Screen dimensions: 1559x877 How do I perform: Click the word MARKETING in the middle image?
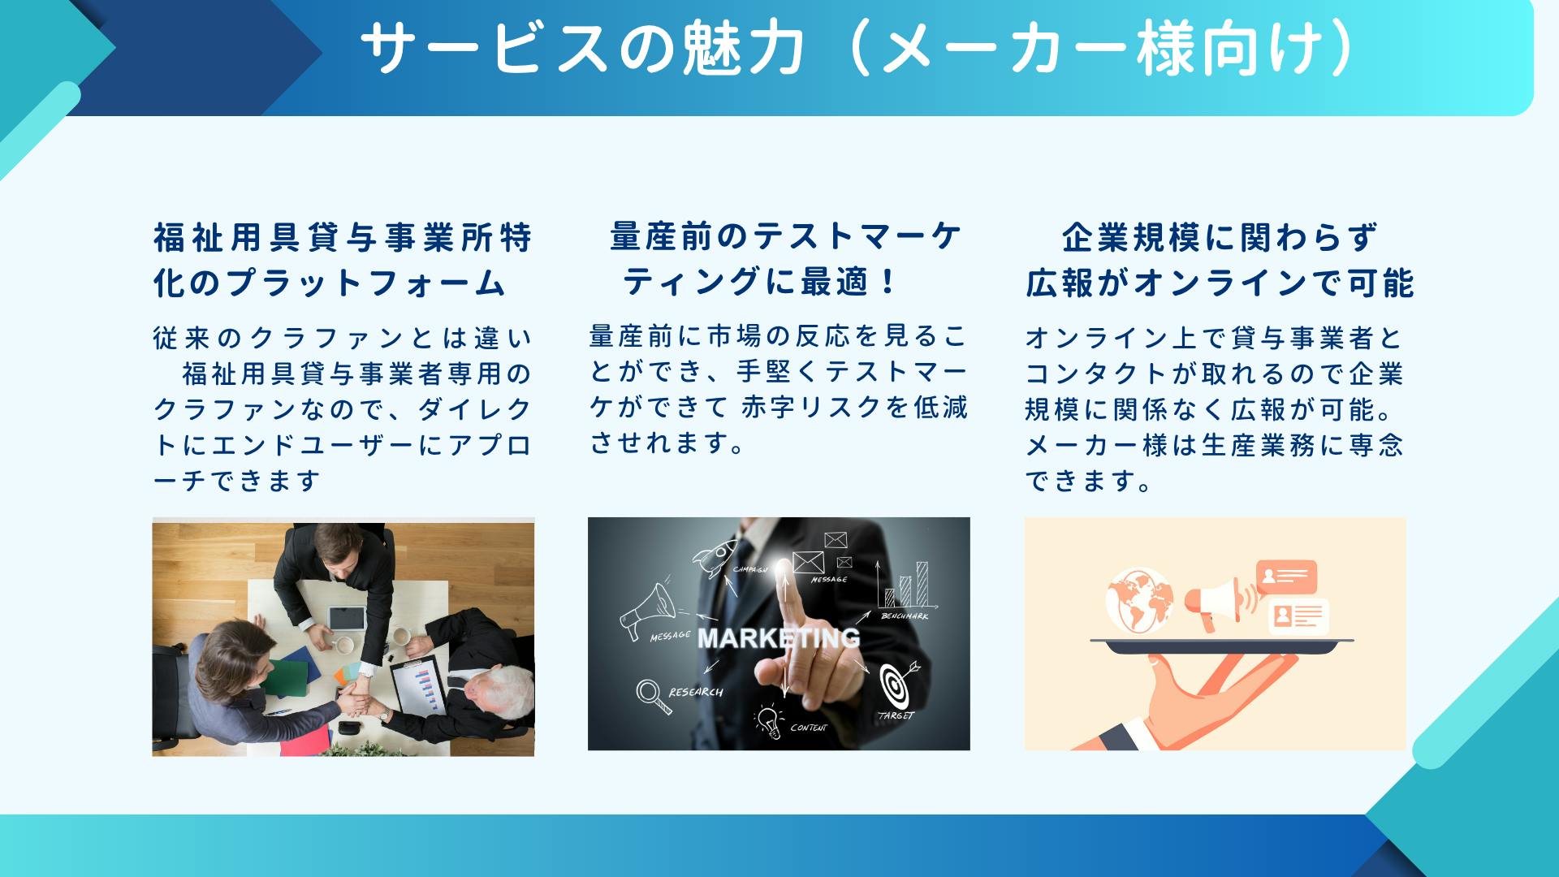[779, 638]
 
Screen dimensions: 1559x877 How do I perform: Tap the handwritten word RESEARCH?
[696, 692]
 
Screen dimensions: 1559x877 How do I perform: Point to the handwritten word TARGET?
[896, 715]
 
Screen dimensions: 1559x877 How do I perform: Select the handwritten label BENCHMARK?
[905, 616]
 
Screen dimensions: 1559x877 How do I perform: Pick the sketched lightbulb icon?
[767, 720]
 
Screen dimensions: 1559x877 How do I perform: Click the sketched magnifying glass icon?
[653, 696]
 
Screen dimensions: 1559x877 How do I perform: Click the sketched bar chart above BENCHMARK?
[906, 585]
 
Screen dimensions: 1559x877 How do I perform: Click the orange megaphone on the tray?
[1218, 602]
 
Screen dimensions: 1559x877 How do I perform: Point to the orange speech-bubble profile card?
[1286, 577]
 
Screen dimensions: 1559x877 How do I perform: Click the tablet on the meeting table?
[346, 620]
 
